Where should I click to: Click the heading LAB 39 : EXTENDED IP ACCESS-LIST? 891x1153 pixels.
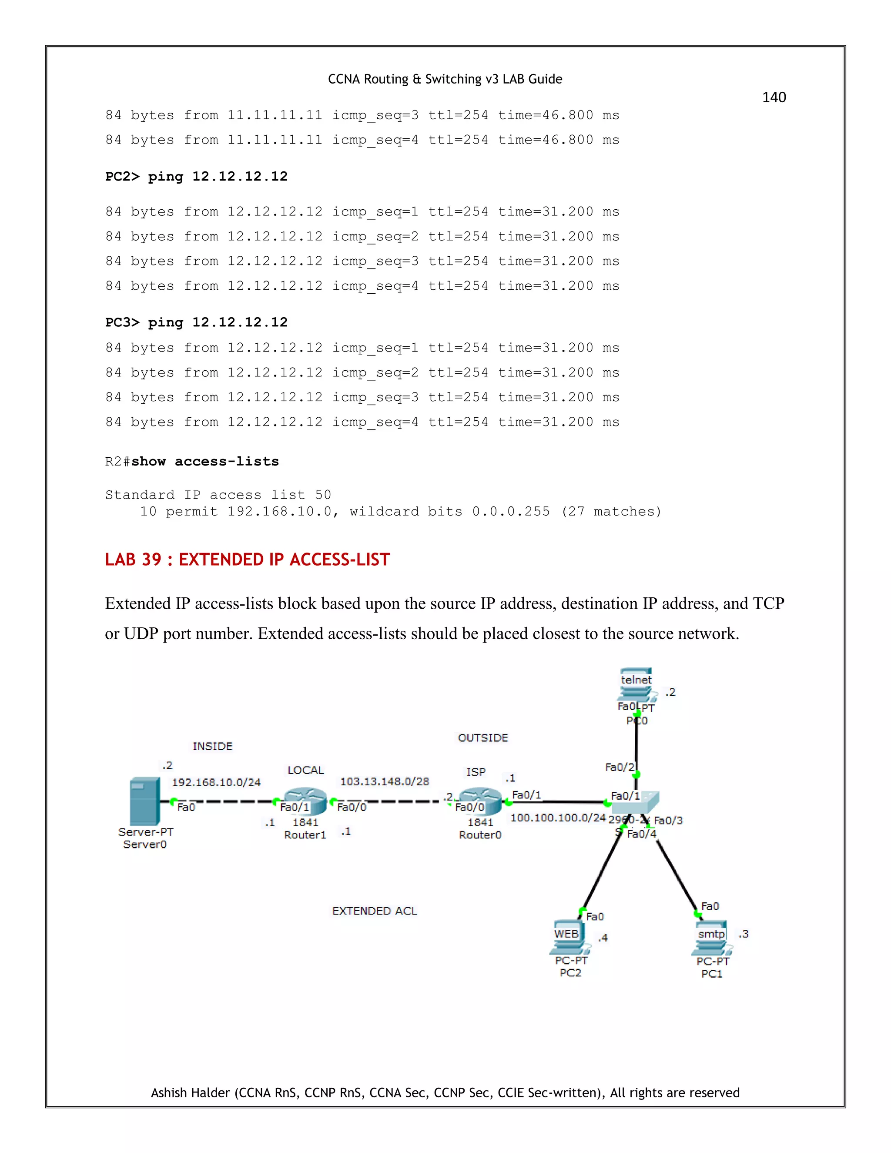pos(247,559)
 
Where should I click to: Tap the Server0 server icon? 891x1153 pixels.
pos(144,801)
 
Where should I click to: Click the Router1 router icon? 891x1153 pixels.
pos(305,801)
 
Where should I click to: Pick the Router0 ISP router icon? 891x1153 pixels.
pos(480,801)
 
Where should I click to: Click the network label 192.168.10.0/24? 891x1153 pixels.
pos(216,782)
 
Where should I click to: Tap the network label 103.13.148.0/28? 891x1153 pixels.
pos(384,781)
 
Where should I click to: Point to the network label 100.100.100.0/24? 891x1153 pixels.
pos(558,818)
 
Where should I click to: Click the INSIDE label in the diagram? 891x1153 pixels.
pos(212,746)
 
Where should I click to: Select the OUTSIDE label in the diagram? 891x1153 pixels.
pos(482,737)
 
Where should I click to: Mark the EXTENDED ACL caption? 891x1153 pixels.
pos(374,911)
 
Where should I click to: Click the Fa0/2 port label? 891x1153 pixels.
pos(619,767)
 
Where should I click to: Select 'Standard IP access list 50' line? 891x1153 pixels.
pos(218,495)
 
